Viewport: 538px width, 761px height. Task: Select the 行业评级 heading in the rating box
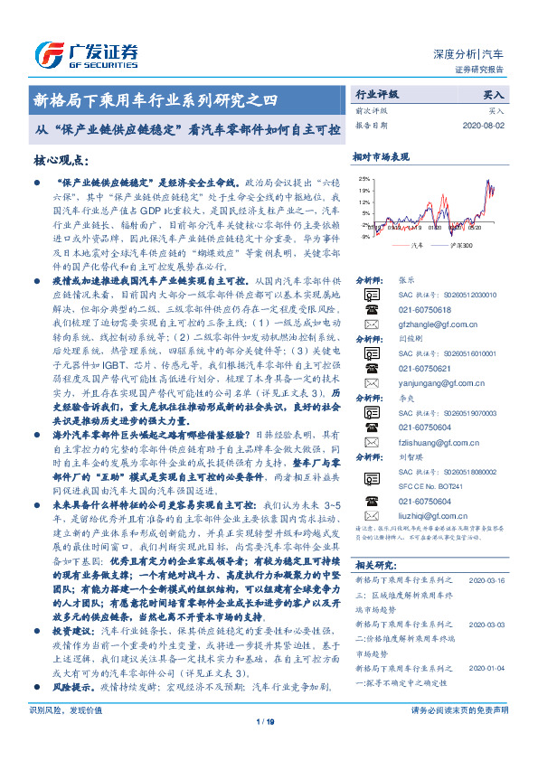pyautogui.click(x=376, y=94)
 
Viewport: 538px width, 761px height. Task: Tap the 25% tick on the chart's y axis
pyautogui.click(x=363, y=179)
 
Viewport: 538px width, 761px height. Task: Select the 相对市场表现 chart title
pyautogui.click(x=382, y=156)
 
